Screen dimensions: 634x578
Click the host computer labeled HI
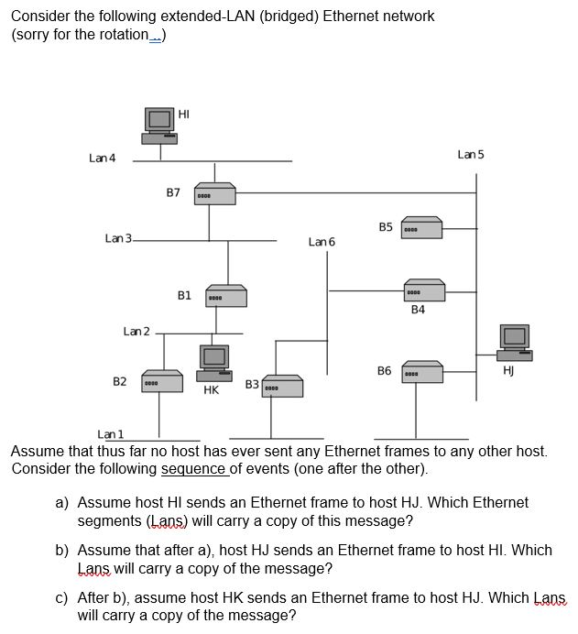point(159,126)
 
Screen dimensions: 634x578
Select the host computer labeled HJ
point(514,343)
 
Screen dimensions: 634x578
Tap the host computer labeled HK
point(214,362)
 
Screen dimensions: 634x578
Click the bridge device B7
point(214,194)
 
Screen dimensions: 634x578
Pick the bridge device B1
point(225,296)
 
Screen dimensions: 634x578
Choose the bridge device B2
point(161,381)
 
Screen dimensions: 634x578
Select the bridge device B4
point(424,291)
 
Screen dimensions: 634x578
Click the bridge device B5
point(421,227)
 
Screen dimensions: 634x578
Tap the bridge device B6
point(422,372)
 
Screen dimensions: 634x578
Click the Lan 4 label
point(103,158)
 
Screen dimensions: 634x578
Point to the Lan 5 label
point(471,155)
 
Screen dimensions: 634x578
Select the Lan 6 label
point(322,242)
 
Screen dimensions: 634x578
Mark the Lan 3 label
point(118,239)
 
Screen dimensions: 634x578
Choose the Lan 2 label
point(136,331)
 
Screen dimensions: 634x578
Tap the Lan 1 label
point(111,434)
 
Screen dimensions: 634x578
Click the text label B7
point(173,193)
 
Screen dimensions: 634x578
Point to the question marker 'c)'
point(62,598)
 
